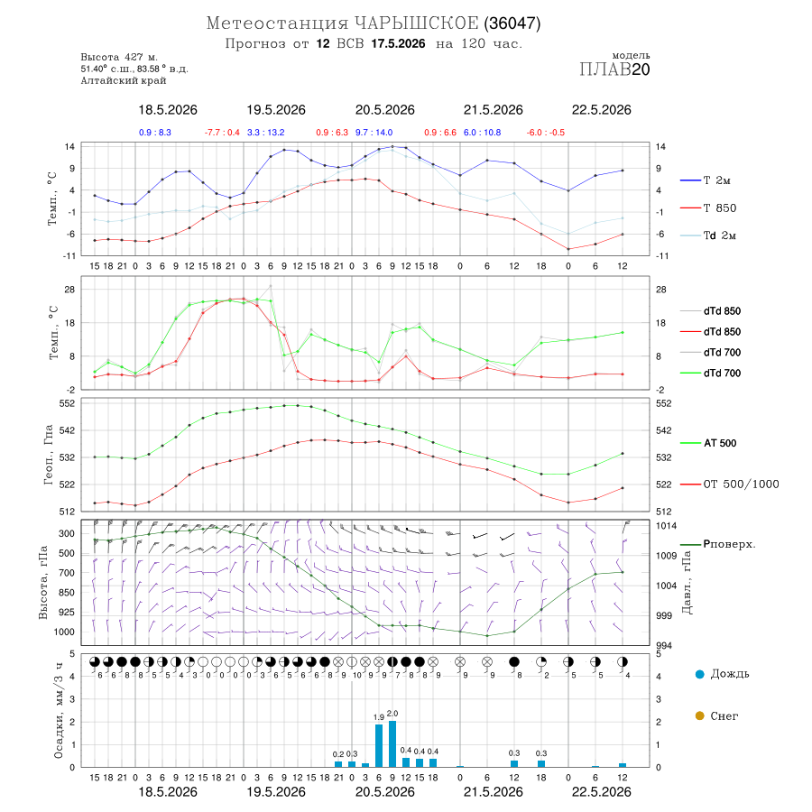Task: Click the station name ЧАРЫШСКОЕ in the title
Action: click(417, 23)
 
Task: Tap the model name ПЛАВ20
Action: click(614, 69)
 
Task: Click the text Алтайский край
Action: click(124, 80)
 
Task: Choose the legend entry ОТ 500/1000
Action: click(729, 484)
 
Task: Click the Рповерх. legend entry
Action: click(718, 544)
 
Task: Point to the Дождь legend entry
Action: click(722, 674)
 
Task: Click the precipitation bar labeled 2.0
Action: click(392, 743)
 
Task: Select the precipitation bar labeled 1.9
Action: click(379, 746)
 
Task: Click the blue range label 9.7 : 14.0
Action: click(374, 133)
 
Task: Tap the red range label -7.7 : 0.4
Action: click(222, 133)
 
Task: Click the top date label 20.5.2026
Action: click(384, 110)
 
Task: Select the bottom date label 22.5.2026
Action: click(601, 792)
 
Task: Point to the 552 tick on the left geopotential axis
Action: click(68, 403)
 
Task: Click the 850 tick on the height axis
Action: click(67, 593)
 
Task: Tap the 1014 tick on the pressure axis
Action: click(666, 526)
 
